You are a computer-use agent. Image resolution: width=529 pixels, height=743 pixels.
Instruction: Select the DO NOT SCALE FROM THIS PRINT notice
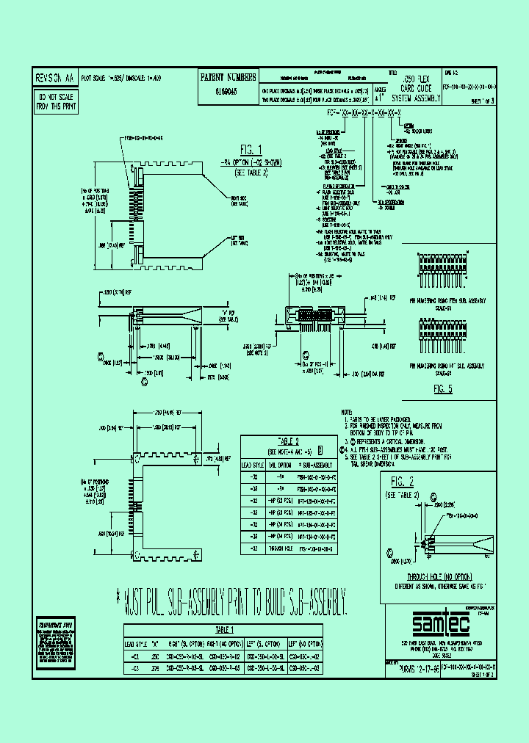click(x=56, y=101)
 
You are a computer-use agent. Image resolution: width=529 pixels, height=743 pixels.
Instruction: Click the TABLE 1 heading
click(x=225, y=629)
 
